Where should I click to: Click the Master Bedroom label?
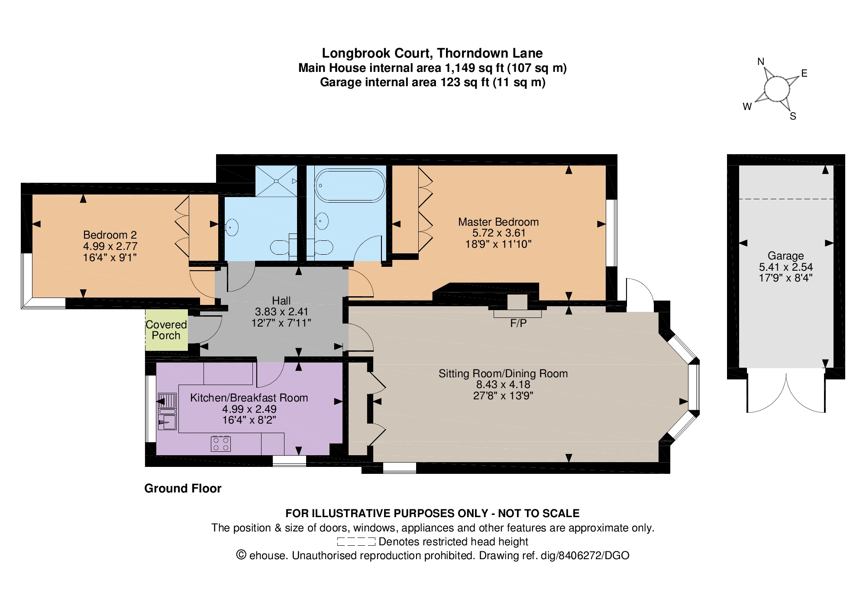click(498, 222)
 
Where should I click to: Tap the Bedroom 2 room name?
click(110, 235)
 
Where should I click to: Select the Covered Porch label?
click(166, 330)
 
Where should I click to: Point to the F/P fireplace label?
click(518, 323)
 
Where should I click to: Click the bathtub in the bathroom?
click(350, 185)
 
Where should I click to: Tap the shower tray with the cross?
click(276, 181)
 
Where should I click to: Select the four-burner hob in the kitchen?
click(220, 444)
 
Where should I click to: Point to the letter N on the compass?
click(761, 62)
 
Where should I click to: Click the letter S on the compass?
click(793, 116)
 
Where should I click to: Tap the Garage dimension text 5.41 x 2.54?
click(786, 267)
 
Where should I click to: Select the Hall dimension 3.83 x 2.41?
click(281, 312)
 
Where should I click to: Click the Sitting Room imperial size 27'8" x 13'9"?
click(503, 395)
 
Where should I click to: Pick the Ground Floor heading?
click(183, 489)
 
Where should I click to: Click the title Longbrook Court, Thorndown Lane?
click(432, 53)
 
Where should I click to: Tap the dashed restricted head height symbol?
click(356, 541)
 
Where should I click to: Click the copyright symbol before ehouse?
click(241, 555)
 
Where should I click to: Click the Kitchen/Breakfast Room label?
click(249, 398)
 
